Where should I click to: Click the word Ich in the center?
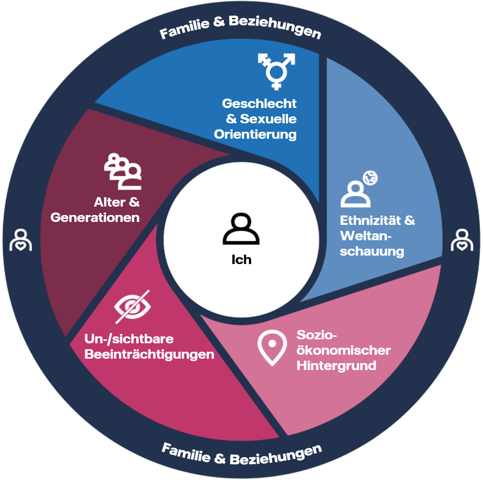(241, 259)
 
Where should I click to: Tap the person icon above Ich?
(241, 230)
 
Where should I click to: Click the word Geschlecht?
(259, 104)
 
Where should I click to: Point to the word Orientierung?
(255, 134)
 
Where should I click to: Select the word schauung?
(372, 251)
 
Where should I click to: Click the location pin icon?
(272, 348)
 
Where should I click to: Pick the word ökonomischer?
(343, 351)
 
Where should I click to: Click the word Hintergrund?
(336, 366)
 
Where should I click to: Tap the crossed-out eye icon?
(132, 305)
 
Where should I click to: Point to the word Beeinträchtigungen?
(149, 355)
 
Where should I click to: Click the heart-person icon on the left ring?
(20, 240)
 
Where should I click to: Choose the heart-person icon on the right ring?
(462, 240)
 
